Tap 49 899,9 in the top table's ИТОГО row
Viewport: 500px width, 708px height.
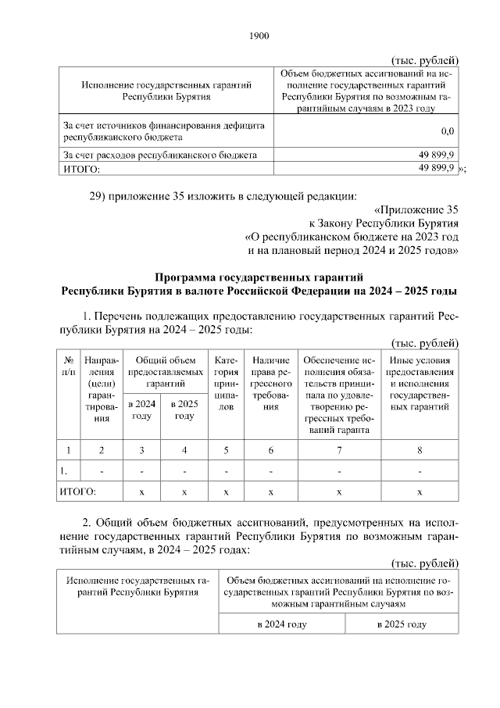pos(437,168)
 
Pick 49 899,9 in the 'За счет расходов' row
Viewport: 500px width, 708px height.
pos(437,155)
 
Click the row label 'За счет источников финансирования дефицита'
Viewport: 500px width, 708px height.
pos(163,125)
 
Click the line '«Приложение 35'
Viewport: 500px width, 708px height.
pos(416,209)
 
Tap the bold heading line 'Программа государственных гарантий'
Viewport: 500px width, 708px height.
pos(259,277)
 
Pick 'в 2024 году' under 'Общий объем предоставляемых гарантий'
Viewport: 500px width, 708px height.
pos(141,409)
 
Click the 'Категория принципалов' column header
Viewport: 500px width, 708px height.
pos(225,383)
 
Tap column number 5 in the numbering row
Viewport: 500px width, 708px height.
pos(225,449)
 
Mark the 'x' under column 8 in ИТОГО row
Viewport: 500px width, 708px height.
pos(420,492)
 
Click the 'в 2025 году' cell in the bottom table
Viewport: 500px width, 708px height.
pos(402,624)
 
